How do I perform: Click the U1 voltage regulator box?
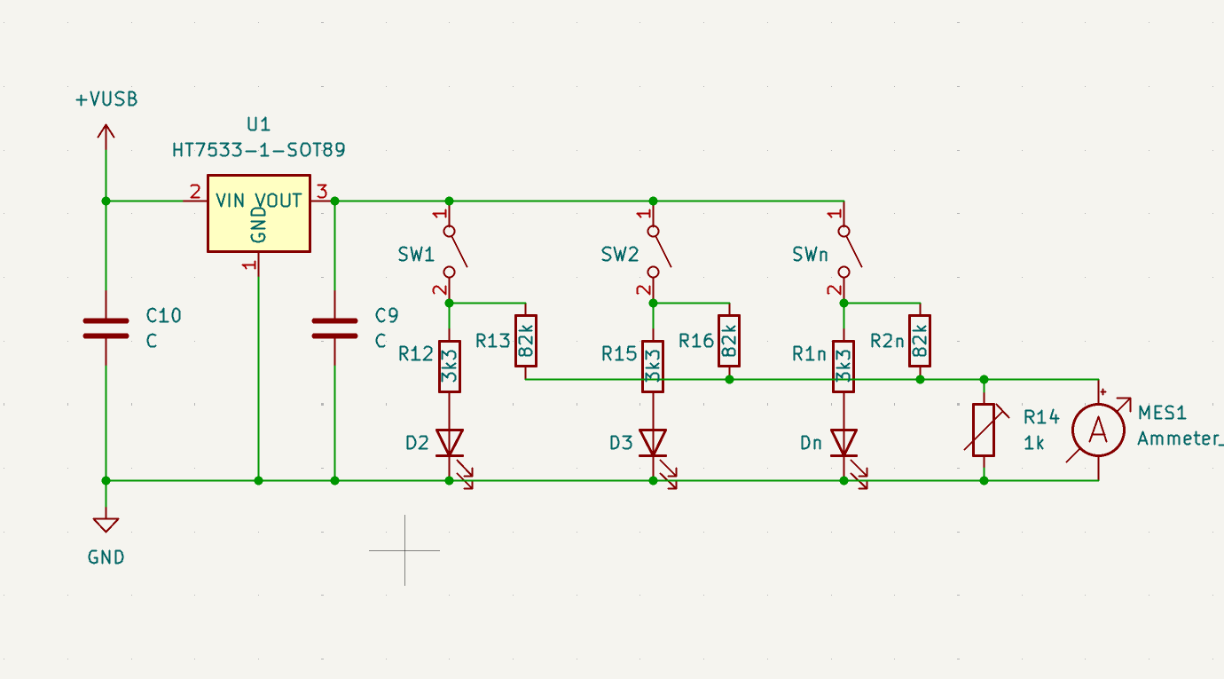tap(258, 213)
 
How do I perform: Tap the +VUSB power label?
tap(106, 99)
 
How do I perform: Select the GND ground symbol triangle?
tap(106, 525)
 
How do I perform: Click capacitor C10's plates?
tap(106, 328)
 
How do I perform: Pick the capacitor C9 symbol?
tap(334, 328)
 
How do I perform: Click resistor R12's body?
tap(449, 366)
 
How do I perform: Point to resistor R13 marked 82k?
tap(525, 340)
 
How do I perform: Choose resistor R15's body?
tap(653, 366)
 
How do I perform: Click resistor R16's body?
tap(729, 340)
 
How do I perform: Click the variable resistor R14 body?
tap(984, 430)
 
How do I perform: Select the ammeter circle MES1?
tap(1098, 430)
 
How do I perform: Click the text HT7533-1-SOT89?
tap(258, 151)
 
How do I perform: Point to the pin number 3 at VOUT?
tap(322, 191)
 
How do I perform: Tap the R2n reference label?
tap(887, 340)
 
